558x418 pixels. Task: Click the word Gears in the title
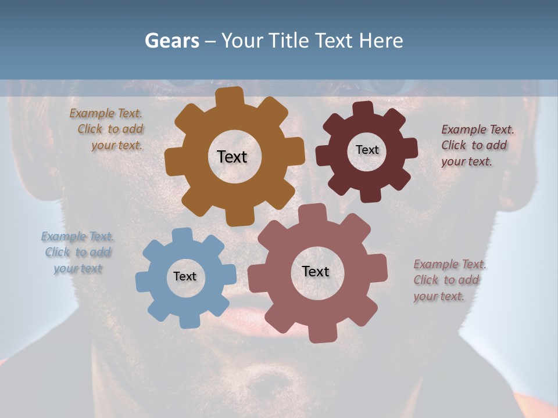pyautogui.click(x=172, y=41)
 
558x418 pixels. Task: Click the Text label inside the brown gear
pyautogui.click(x=232, y=157)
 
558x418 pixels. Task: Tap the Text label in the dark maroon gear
pyautogui.click(x=367, y=150)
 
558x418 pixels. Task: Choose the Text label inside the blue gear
pyautogui.click(x=185, y=276)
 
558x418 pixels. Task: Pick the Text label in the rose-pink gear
pyautogui.click(x=316, y=271)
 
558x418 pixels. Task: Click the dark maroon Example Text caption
pyautogui.click(x=476, y=145)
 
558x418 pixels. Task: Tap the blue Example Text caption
pyautogui.click(x=78, y=253)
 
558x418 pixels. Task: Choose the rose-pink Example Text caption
pyautogui.click(x=449, y=280)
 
